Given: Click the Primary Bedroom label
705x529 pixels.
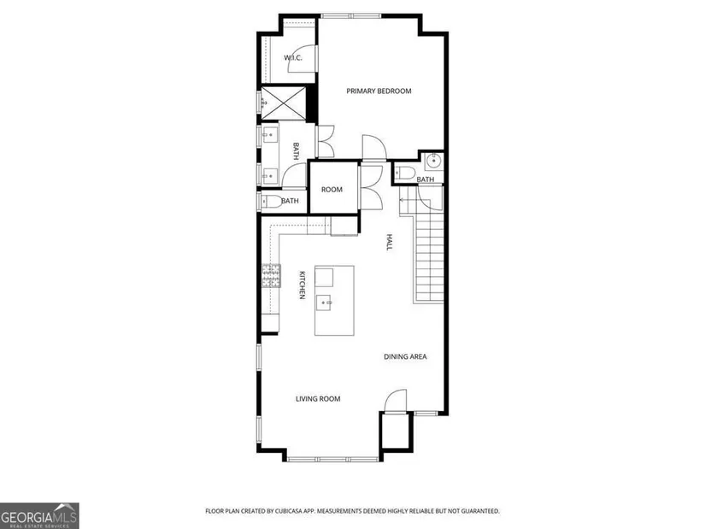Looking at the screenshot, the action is tap(379, 91).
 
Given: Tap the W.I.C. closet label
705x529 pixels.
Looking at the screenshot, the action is tap(293, 57).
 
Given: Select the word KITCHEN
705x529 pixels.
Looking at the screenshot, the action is tap(303, 285).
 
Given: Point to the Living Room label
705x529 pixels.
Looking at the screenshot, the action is tap(318, 398).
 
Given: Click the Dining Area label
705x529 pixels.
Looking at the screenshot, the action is tap(405, 356).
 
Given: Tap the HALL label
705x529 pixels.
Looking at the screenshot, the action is tap(390, 242).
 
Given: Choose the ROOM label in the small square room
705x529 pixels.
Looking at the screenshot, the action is tap(332, 190).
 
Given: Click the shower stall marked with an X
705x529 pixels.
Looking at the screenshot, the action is tap(284, 103).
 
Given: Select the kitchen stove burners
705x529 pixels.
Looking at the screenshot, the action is tap(272, 276).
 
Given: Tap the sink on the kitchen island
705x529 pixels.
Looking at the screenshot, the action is tap(324, 303).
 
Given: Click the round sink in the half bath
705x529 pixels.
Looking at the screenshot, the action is tap(434, 161).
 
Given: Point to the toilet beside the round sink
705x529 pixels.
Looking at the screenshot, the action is tap(406, 173).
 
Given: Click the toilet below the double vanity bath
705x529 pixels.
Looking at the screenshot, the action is tap(272, 202).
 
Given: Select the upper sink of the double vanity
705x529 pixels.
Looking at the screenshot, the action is tap(270, 134).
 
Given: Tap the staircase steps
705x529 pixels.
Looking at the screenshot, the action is tap(429, 256).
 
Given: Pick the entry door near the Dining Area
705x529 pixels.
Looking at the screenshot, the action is tap(396, 400).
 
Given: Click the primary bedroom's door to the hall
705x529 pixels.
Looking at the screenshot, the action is tap(374, 147).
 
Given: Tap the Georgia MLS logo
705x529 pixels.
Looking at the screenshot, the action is tap(39, 516).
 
